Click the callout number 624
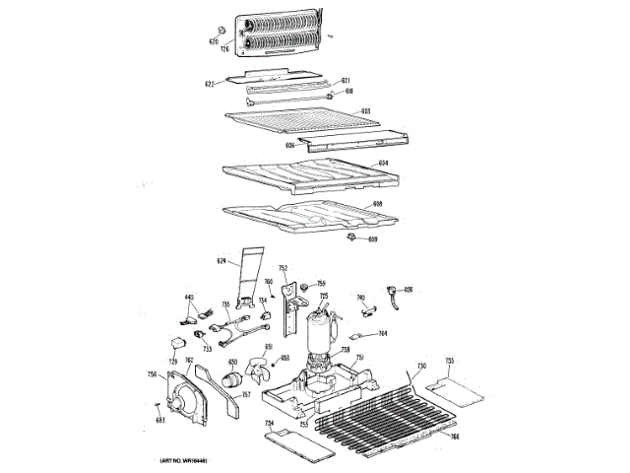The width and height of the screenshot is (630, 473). click(x=221, y=260)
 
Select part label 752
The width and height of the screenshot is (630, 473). click(x=283, y=268)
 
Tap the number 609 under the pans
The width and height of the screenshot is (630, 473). click(x=372, y=239)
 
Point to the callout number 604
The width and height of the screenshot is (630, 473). click(x=383, y=162)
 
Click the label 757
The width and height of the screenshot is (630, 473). click(x=245, y=395)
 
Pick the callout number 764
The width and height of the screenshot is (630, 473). click(x=383, y=333)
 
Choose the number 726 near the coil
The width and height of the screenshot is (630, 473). click(x=224, y=48)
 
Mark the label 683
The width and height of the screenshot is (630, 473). click(x=159, y=419)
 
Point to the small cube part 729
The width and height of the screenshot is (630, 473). click(x=176, y=343)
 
